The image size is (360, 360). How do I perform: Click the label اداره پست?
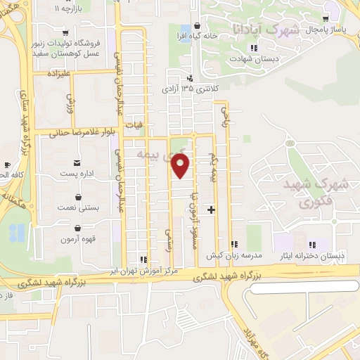point(77,172)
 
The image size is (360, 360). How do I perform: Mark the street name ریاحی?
point(225,117)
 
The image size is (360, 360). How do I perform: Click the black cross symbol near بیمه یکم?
point(211,210)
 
